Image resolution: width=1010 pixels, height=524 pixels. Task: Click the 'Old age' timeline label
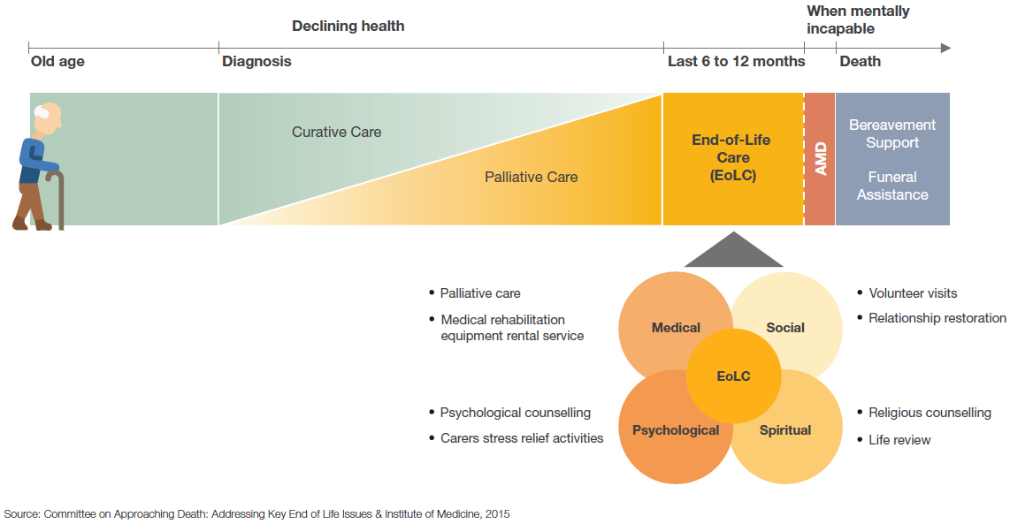[57, 62]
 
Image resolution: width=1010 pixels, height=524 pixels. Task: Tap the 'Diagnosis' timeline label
[256, 62]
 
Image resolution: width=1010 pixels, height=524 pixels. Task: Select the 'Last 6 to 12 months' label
[736, 61]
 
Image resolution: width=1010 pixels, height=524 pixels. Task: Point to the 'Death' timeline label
[860, 61]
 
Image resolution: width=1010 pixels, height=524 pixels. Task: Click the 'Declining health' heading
[348, 27]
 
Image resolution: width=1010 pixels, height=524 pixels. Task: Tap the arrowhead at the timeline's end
[945, 49]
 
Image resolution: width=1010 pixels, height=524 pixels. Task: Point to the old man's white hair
[42, 111]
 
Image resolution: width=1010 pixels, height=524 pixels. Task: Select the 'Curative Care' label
[336, 132]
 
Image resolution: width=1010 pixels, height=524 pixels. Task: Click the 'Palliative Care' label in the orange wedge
[531, 177]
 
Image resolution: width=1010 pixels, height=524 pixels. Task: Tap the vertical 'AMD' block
[820, 159]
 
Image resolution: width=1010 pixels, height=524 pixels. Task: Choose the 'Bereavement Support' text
[892, 134]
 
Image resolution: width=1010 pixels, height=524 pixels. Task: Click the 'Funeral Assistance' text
[892, 186]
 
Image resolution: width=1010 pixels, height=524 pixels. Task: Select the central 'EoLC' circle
[734, 376]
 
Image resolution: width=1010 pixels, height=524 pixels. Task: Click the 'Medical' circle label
[676, 328]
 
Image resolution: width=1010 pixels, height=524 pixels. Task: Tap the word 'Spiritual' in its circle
[784, 430]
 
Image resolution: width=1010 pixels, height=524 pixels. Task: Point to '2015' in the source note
[497, 514]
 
